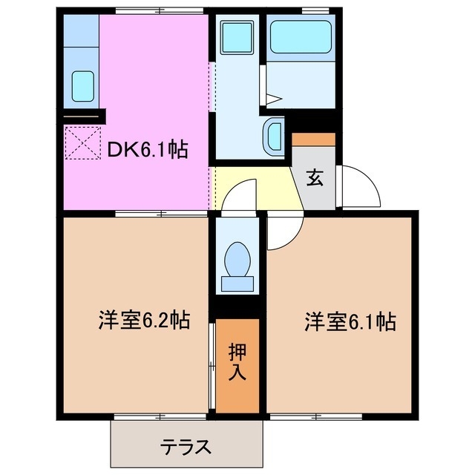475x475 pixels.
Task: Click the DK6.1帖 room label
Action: point(147,151)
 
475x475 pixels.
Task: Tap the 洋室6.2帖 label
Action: point(143,321)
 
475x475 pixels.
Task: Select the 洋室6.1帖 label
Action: point(349,321)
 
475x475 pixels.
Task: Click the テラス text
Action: point(187,448)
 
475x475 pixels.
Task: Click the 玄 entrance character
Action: point(314,178)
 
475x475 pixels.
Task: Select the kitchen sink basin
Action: point(82,85)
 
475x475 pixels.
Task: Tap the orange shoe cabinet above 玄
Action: point(314,139)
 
